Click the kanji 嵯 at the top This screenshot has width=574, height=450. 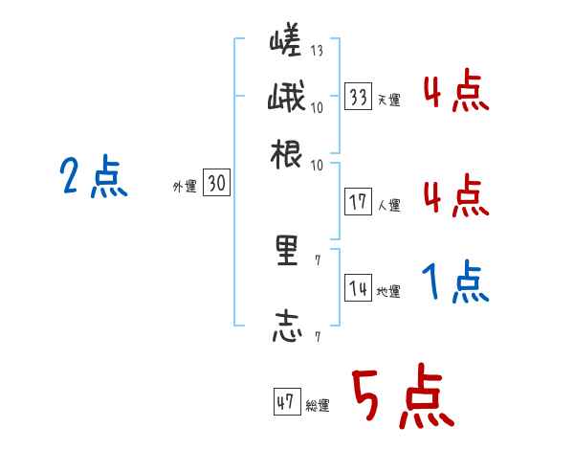[287, 43]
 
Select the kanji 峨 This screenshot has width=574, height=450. [287, 99]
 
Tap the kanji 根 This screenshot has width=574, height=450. [287, 155]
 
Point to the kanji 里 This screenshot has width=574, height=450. [287, 252]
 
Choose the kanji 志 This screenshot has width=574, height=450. [287, 326]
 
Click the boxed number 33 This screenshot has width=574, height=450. [358, 97]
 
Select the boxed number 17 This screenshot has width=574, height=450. [358, 202]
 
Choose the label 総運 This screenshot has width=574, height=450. [318, 406]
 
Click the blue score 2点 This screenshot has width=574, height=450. [93, 177]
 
